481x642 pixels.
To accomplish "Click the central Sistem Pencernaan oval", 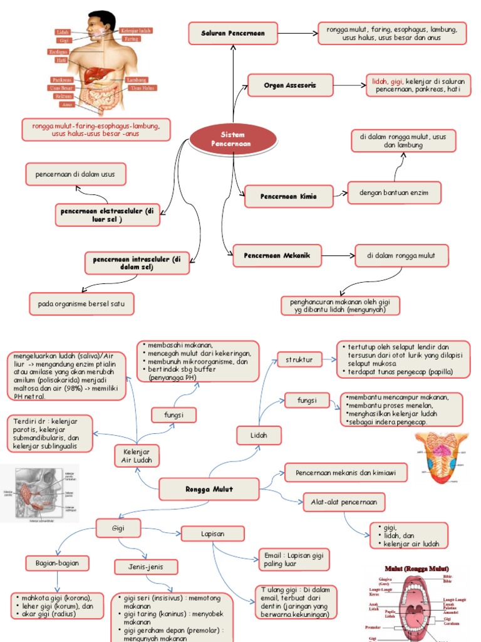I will coord(232,139).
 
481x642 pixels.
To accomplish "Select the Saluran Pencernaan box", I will coord(233,33).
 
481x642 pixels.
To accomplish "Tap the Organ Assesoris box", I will coord(290,85).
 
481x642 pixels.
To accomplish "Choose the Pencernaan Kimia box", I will coord(288,196).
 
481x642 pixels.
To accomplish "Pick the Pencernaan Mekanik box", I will coord(277,255).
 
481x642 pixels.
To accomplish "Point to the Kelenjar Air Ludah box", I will coord(137,456).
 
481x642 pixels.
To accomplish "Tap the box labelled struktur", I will coord(299,360).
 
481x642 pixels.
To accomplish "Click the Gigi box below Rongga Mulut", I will coord(118,529).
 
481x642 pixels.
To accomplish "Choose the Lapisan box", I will coord(212,534).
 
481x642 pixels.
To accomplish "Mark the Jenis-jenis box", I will coord(146,567).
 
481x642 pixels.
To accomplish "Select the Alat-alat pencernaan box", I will coord(344,502).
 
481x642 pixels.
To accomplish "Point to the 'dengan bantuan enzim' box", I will coord(394,192).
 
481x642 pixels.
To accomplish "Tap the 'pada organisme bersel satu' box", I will coord(81,304).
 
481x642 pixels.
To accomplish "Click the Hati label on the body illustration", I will coord(61,61).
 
